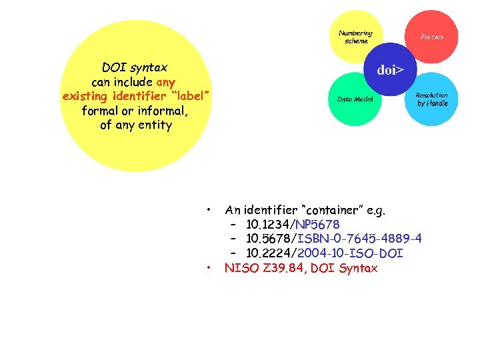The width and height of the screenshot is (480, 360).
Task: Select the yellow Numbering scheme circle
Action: point(356,37)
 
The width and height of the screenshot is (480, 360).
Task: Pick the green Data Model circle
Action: point(355,99)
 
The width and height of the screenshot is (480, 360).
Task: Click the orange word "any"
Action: point(165,82)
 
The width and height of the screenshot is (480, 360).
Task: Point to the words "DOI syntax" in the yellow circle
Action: point(134,67)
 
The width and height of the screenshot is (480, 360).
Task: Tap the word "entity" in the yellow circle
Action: point(155,125)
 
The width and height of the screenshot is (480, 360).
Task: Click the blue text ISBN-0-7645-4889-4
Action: point(359,239)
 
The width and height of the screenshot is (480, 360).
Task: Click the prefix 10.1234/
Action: point(271,225)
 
